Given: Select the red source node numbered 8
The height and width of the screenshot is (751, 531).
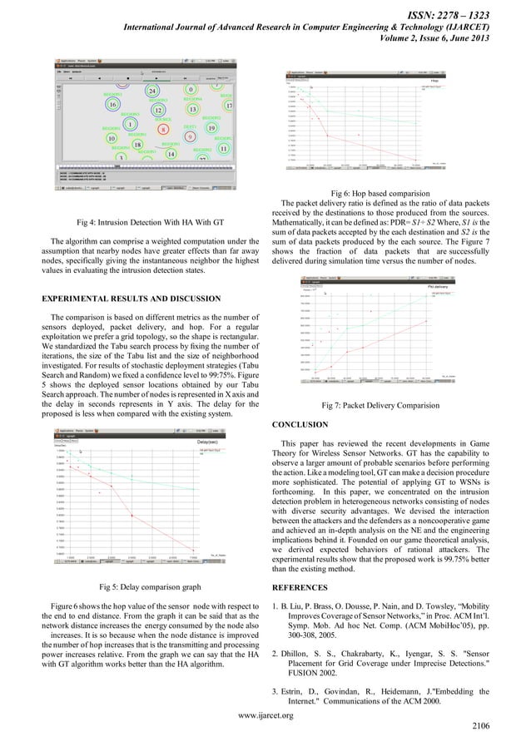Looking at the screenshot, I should (163, 129).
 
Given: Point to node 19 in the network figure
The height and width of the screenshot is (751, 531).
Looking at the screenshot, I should (211, 128).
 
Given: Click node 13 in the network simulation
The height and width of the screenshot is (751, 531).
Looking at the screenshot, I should (192, 109).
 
